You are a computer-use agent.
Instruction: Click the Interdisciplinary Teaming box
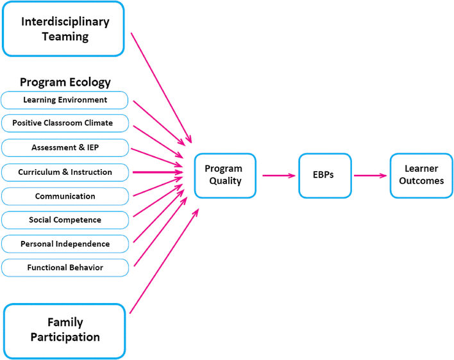(63, 29)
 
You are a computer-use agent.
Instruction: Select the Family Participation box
(65, 331)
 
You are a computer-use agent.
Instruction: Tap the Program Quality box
(225, 176)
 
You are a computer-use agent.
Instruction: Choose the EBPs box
(325, 176)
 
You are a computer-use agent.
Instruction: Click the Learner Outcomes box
(421, 176)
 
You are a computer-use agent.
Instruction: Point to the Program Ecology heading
(65, 82)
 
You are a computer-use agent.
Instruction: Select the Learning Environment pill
(65, 100)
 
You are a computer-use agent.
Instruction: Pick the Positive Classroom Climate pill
(65, 123)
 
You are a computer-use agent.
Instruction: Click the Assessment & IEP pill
(65, 148)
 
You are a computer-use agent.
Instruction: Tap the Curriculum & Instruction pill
(65, 172)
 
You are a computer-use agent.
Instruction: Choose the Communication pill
(65, 197)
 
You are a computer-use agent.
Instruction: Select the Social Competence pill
(65, 220)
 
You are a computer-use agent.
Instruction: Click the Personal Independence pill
(65, 244)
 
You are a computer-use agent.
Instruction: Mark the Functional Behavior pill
(65, 268)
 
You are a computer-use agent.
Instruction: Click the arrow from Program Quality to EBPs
(279, 176)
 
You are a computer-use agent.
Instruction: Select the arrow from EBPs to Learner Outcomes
(371, 176)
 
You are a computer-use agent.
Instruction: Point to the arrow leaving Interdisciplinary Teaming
(162, 88)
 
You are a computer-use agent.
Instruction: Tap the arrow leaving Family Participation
(164, 261)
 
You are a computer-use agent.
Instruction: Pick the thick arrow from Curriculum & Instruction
(158, 172)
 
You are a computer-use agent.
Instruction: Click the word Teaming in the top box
(65, 37)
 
